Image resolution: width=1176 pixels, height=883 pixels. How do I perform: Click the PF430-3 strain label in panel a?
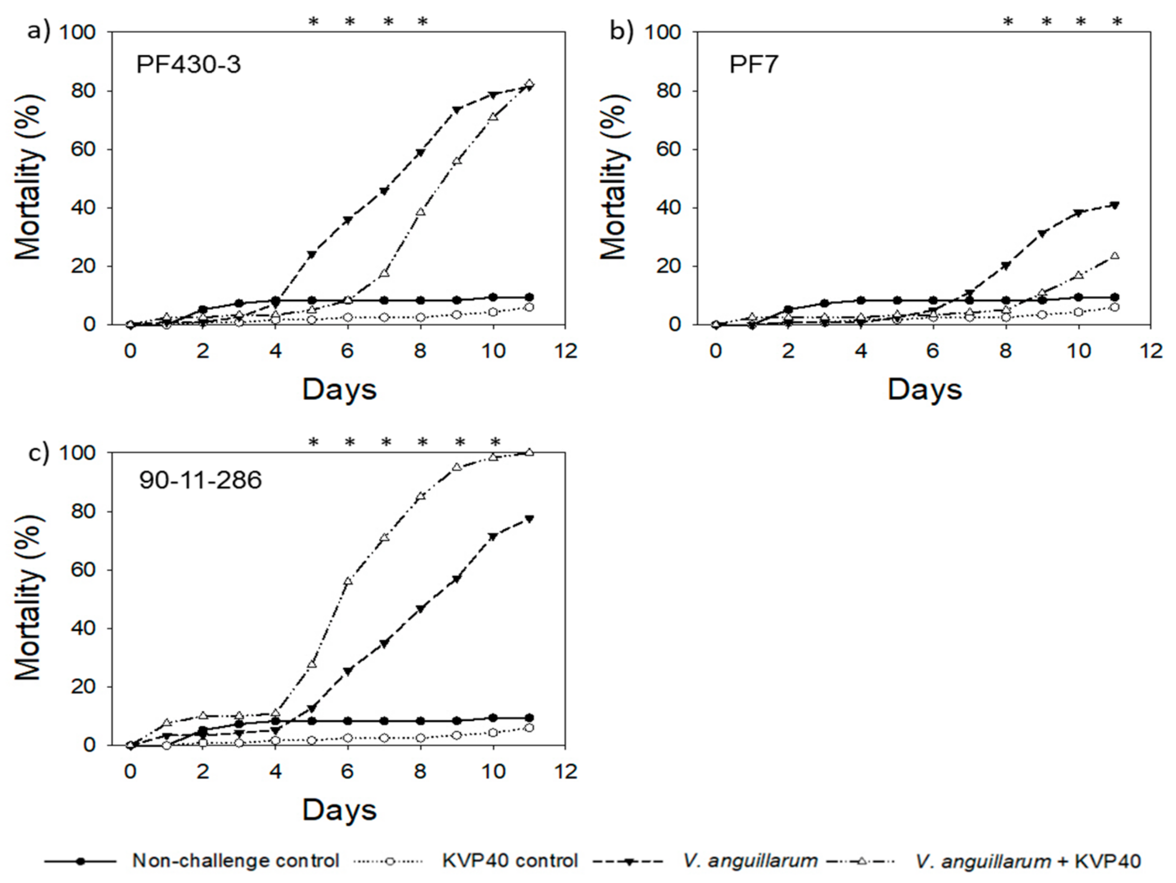(188, 65)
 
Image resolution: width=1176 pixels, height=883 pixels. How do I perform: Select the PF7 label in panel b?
(753, 65)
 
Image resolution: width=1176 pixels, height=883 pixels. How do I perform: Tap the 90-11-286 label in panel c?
(200, 480)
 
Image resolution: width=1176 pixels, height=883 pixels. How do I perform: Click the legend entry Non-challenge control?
(236, 860)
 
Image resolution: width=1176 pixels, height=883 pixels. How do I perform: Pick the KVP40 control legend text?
(510, 860)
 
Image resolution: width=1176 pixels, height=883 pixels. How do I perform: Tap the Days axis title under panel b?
(924, 389)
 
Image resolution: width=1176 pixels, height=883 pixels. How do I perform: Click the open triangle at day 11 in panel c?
(529, 452)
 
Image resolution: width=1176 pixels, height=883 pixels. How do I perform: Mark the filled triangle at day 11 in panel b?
(1115, 205)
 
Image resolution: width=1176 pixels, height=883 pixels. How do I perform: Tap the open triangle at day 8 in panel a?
(421, 212)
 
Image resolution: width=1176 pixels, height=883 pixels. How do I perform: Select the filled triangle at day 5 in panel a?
(312, 255)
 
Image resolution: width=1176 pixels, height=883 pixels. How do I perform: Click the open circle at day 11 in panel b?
(1115, 307)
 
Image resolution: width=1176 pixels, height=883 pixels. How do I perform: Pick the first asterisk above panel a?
(313, 22)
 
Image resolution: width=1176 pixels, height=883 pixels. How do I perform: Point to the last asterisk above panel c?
(495, 442)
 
